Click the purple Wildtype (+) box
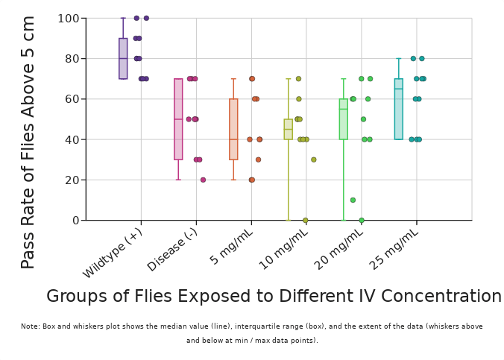[123, 59]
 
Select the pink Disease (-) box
[178, 119]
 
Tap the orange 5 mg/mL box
[233, 129]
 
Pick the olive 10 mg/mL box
[289, 129]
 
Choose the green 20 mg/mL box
[344, 119]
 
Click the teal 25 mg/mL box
[399, 109]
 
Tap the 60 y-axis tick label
[72, 99]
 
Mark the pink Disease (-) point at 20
[203, 180]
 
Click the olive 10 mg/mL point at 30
[314, 160]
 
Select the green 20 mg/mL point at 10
[353, 200]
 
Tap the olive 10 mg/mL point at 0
[306, 220]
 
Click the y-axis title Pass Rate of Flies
[28, 142]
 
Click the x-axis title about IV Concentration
[274, 297]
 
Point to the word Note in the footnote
[30, 326]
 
